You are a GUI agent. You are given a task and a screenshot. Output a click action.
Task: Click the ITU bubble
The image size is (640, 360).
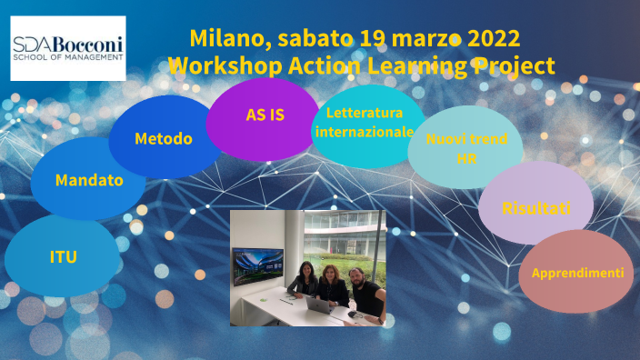(x=63, y=257)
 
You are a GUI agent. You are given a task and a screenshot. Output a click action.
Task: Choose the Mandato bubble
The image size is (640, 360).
(x=88, y=180)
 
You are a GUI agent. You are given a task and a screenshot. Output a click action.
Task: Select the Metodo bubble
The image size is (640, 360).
(x=164, y=139)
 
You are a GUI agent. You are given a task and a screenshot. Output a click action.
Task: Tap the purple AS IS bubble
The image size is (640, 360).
(x=265, y=115)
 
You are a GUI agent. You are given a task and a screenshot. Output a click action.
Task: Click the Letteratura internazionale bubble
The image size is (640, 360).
(x=364, y=124)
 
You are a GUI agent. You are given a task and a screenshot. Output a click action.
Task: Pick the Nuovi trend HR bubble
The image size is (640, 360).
(x=466, y=147)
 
